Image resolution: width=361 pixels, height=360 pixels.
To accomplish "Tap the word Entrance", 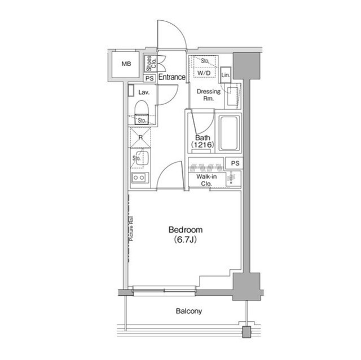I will (x=171, y=78).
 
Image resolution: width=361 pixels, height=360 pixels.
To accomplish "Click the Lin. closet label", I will (x=226, y=75).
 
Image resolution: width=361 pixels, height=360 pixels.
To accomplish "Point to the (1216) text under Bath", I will (x=202, y=145).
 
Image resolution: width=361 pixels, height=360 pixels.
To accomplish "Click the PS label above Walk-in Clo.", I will (x=234, y=163).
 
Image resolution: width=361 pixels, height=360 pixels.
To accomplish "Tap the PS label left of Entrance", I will (x=149, y=78).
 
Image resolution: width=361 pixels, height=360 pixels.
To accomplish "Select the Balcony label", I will (x=188, y=310).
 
